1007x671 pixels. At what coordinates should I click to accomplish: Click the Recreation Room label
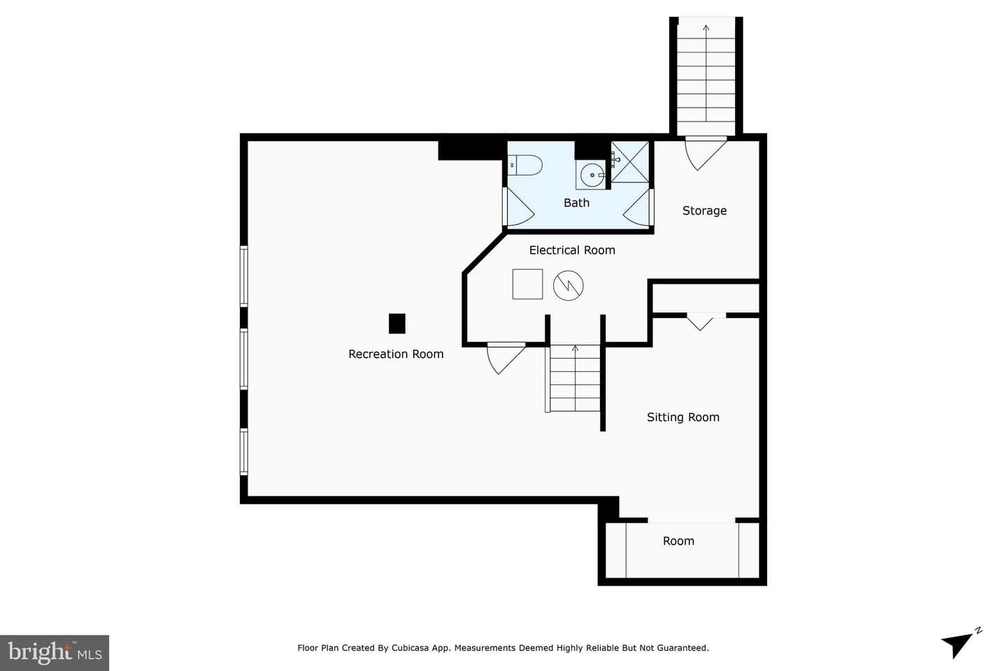pos(396,354)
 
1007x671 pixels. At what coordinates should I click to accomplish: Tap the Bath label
pos(576,203)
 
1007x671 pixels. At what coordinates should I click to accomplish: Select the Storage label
pos(704,210)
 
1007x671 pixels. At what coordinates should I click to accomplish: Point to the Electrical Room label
pos(572,250)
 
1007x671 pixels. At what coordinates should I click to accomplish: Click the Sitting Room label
pos(683,417)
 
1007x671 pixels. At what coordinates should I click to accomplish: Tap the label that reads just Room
pos(678,541)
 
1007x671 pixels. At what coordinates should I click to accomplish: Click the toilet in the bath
pos(526,166)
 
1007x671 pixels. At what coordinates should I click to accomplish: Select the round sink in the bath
pos(592,175)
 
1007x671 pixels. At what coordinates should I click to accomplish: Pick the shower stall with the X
pos(629,162)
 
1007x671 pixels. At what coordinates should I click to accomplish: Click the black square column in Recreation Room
pos(397,324)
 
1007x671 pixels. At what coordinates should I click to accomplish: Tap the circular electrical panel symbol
pos(569,285)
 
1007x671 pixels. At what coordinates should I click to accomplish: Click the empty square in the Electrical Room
pos(527,284)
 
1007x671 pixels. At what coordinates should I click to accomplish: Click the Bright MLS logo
pos(55,653)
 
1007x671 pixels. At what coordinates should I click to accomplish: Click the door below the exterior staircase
pos(706,153)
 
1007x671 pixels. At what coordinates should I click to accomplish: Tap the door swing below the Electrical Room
pos(506,358)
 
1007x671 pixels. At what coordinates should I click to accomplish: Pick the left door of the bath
pos(518,206)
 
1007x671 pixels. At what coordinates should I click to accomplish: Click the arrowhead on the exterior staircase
pos(706,29)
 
